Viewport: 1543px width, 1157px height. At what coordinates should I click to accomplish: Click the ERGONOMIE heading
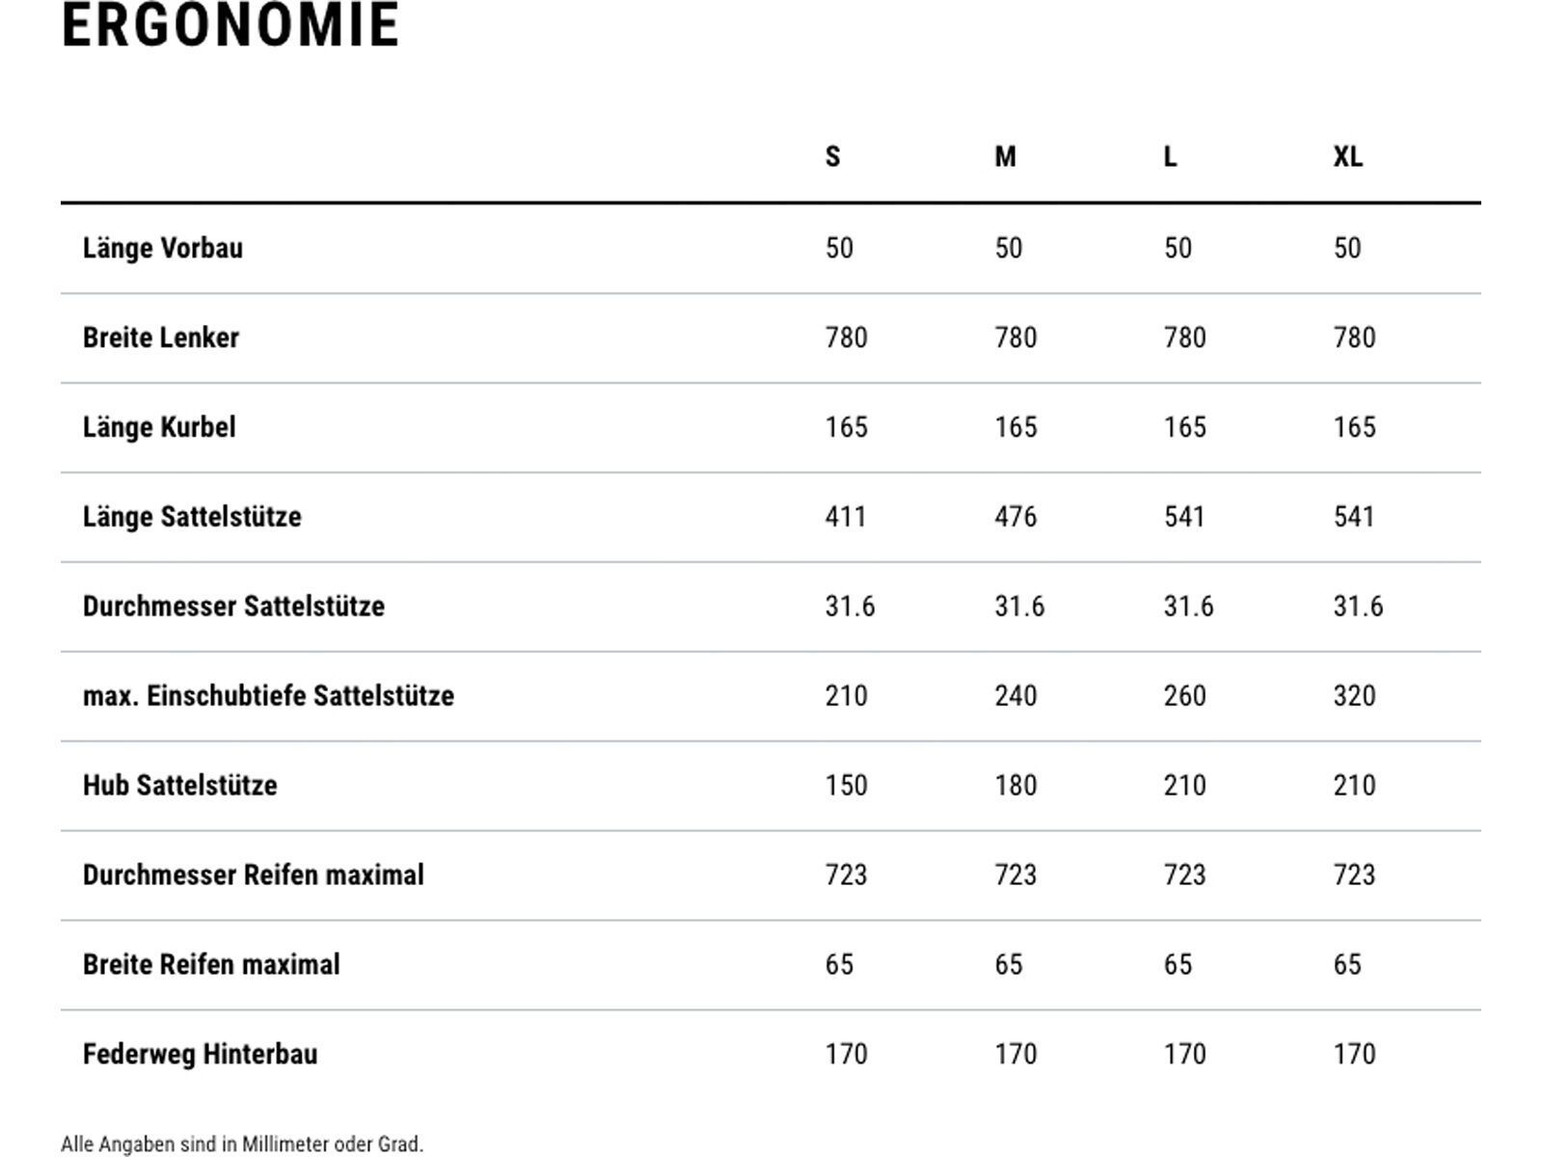pyautogui.click(x=230, y=25)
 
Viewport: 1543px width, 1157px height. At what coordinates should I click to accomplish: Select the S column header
pyautogui.click(x=832, y=156)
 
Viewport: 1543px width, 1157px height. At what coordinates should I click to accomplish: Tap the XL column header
pyautogui.click(x=1347, y=156)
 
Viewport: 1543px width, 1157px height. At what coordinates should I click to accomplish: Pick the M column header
pyautogui.click(x=1005, y=156)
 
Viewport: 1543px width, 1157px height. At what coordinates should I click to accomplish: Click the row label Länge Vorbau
pyautogui.click(x=163, y=249)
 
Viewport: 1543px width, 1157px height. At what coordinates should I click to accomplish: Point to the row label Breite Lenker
pyautogui.click(x=161, y=337)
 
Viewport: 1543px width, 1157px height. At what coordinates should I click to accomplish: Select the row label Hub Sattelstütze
pyautogui.click(x=180, y=785)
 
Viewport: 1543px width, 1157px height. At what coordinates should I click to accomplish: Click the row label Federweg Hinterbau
pyautogui.click(x=201, y=1054)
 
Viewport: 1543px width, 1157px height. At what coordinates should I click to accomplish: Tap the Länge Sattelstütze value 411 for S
pyautogui.click(x=846, y=517)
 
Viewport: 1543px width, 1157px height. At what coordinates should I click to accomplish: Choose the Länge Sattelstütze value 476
pyautogui.click(x=1015, y=517)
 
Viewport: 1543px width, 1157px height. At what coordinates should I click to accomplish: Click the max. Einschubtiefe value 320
pyautogui.click(x=1354, y=695)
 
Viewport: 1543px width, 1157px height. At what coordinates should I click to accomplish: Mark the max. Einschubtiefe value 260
pyautogui.click(x=1184, y=695)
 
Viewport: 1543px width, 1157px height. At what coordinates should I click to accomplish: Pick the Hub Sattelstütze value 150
pyautogui.click(x=847, y=785)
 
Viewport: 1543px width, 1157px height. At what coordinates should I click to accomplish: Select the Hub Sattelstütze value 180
pyautogui.click(x=1015, y=785)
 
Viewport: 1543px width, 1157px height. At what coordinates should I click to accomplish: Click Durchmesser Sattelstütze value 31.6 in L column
pyautogui.click(x=1188, y=605)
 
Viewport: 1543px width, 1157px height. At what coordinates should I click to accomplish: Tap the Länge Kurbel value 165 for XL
pyautogui.click(x=1355, y=426)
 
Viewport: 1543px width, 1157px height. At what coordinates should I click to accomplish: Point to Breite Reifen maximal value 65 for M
pyautogui.click(x=1008, y=964)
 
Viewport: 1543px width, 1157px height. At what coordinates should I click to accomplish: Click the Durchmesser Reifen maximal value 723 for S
pyautogui.click(x=846, y=874)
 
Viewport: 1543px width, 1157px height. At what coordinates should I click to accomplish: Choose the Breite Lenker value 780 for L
pyautogui.click(x=1184, y=337)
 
